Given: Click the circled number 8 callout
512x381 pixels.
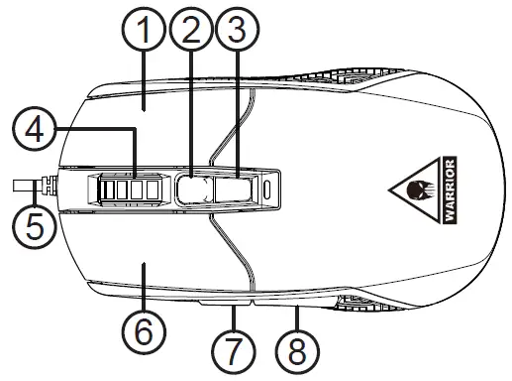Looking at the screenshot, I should click(x=296, y=350).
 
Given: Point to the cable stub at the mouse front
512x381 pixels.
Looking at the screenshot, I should click(x=25, y=184).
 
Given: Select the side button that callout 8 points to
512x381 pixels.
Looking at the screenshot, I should click(x=296, y=299).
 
